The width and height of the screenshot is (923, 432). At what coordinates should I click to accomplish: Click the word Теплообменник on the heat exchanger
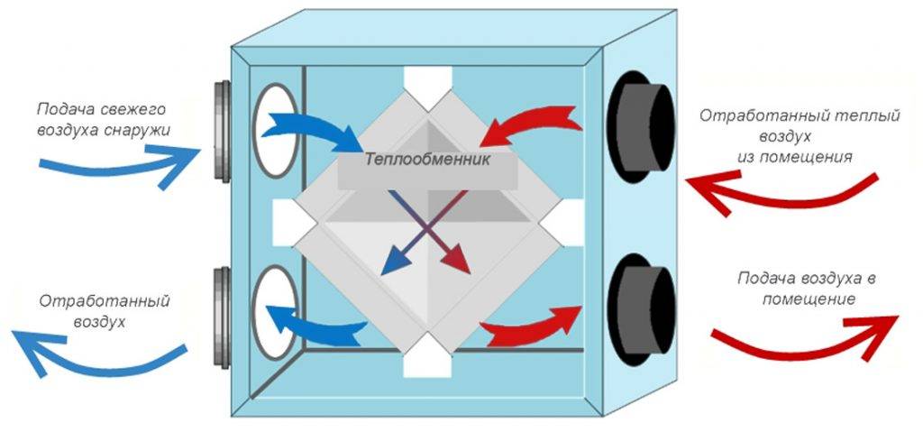point(427,161)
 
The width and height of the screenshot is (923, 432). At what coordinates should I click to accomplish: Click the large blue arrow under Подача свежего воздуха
point(117,164)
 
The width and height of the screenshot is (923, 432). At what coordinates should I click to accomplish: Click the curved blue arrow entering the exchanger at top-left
point(311,132)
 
